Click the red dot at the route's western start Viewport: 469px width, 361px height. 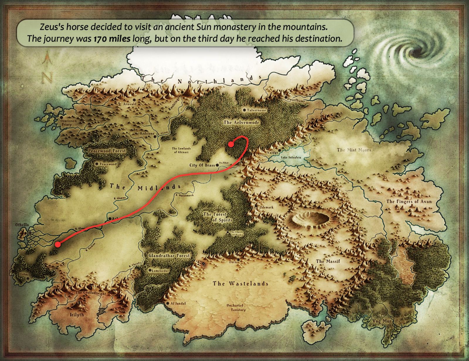pyautogui.click(x=58, y=244)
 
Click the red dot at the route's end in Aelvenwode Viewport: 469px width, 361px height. pyautogui.click(x=231, y=144)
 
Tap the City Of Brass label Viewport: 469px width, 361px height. pyautogui.click(x=202, y=165)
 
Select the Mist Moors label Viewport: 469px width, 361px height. pyautogui.click(x=354, y=150)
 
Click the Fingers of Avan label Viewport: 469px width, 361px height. pyautogui.click(x=409, y=201)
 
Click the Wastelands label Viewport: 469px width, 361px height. pyautogui.click(x=240, y=283)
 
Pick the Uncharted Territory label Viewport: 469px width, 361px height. pyautogui.click(x=236, y=307)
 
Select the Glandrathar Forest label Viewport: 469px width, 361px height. pyautogui.click(x=169, y=256)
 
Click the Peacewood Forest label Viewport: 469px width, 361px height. pyautogui.click(x=107, y=151)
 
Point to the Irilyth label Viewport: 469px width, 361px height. pyautogui.click(x=77, y=315)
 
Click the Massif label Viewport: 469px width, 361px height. pyautogui.click(x=328, y=261)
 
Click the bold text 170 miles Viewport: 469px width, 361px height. pyautogui.click(x=112, y=39)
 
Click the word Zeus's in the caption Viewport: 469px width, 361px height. pyautogui.click(x=52, y=27)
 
